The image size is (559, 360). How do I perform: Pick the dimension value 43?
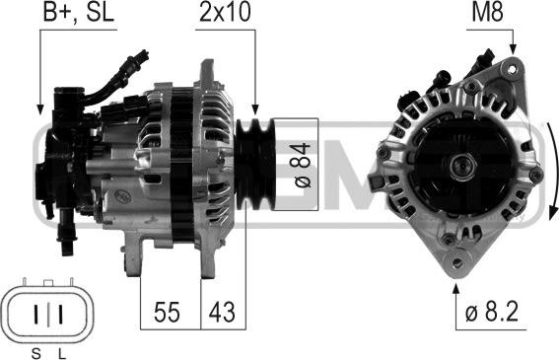(x=223, y=313)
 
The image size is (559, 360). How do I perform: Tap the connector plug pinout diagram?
(x=45, y=313)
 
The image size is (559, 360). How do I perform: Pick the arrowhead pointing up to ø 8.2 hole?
(x=457, y=289)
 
